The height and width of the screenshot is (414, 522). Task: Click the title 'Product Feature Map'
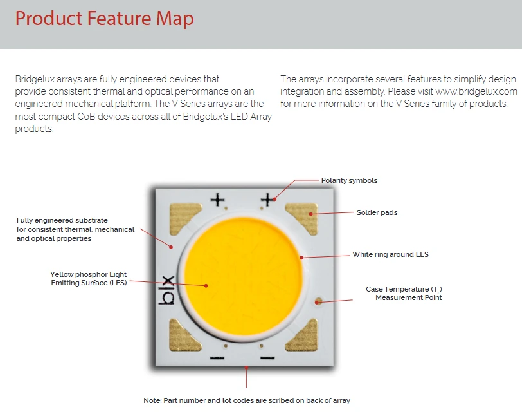(105, 19)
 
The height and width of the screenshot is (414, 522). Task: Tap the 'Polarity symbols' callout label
(349, 180)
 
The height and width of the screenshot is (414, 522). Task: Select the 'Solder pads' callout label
(377, 212)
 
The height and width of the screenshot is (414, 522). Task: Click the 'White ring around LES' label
(390, 255)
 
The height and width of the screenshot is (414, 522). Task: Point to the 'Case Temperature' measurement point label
(404, 294)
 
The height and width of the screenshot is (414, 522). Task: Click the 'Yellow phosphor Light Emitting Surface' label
(89, 278)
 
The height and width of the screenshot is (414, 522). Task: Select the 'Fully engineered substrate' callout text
(75, 229)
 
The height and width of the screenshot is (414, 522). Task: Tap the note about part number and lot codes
(247, 400)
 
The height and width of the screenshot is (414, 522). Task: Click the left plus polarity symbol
(217, 200)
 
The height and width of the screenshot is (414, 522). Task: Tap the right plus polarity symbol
(267, 200)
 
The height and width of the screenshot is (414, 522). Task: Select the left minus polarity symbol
(217, 358)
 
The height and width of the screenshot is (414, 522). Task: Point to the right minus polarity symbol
(267, 358)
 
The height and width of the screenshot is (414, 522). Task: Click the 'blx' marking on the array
(166, 290)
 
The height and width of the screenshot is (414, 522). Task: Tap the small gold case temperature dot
(319, 301)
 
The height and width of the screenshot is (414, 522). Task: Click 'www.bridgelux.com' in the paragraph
(476, 91)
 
